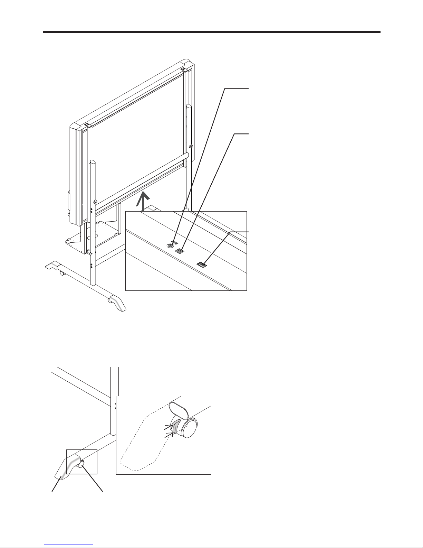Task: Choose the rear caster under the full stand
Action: pos(62,273)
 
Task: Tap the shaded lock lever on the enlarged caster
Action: pos(176,426)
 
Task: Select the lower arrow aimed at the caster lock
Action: pos(168,435)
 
